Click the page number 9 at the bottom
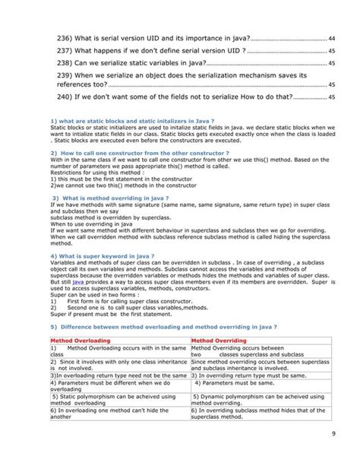(334, 434)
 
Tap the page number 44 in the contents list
(333, 37)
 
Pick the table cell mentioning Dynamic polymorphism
(258, 400)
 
